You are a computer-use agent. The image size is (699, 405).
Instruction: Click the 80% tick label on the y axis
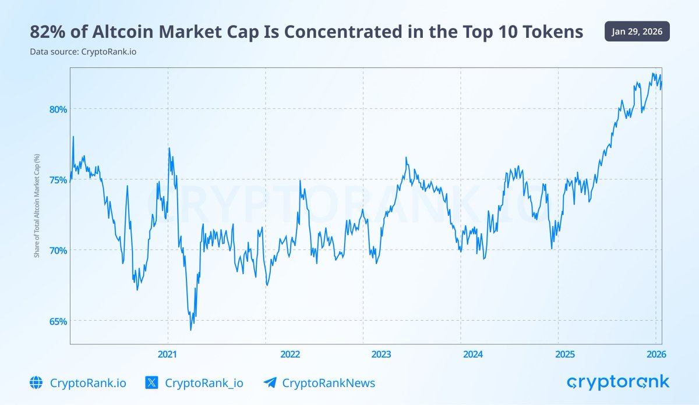pos(57,109)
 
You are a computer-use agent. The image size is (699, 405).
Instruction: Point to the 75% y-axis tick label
pos(57,180)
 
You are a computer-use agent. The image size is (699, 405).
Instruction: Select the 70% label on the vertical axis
pos(57,250)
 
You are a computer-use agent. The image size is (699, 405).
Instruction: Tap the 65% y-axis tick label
pos(57,321)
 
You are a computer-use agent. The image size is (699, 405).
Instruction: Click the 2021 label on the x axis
pos(168,354)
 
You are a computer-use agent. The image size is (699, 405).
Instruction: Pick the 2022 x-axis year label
pos(290,354)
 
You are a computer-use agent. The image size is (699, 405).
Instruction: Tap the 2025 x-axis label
pos(564,354)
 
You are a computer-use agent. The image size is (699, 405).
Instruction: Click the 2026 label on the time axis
pos(655,354)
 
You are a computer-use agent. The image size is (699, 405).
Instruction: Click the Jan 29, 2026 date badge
pos(637,31)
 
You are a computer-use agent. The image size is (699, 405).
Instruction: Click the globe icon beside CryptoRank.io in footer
pos(36,382)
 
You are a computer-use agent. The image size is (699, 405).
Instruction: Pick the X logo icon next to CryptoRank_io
pos(151,382)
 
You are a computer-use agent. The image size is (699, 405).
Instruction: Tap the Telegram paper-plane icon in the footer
pos(269,382)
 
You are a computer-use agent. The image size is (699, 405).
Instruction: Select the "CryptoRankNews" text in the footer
pos(329,383)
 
